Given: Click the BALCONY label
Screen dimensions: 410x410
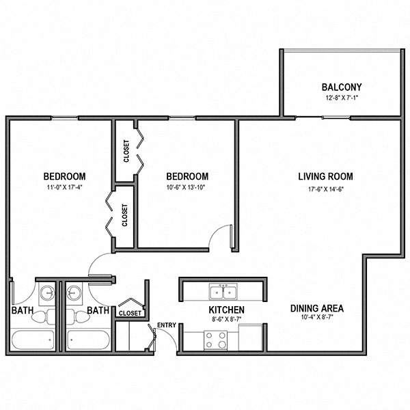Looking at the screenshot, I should pyautogui.click(x=341, y=87).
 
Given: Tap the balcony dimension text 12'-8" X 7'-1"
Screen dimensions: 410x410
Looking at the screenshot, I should pyautogui.click(x=341, y=98).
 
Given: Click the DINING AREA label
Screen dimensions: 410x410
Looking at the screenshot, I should pyautogui.click(x=316, y=308).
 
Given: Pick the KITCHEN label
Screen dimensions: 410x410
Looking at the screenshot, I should pyautogui.click(x=226, y=310).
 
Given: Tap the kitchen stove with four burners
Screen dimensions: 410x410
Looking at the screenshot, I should pyautogui.click(x=216, y=340).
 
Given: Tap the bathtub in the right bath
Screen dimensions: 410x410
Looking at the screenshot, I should pyautogui.click(x=88, y=340).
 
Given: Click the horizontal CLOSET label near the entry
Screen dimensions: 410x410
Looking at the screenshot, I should pyautogui.click(x=130, y=313).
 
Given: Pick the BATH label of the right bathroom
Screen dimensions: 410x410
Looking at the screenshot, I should pyautogui.click(x=98, y=311).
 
